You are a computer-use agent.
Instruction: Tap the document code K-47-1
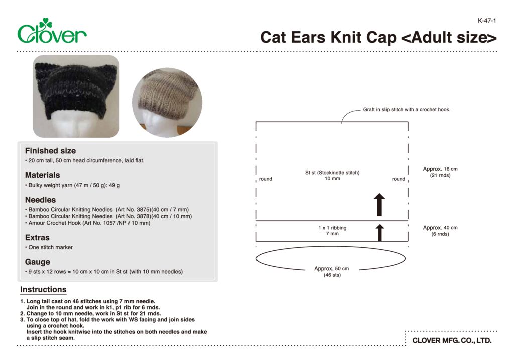coord(487,21)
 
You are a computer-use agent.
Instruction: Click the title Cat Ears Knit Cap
coord(378,38)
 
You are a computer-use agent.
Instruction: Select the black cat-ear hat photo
coord(76,96)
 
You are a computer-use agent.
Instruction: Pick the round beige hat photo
coord(167,102)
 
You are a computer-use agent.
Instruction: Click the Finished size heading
coord(50,151)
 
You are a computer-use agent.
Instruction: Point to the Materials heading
coord(42,175)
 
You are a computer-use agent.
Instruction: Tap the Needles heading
coord(40,200)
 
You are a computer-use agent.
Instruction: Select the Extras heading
coord(37,237)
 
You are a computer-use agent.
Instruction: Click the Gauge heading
coord(38,262)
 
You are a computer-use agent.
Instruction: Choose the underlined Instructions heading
coord(43,290)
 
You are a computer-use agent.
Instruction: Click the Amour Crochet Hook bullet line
coord(89,223)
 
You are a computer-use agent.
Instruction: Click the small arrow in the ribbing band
coord(380,233)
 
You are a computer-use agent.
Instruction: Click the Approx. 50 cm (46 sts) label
coord(331,272)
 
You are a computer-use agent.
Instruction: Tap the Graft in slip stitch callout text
coord(407,110)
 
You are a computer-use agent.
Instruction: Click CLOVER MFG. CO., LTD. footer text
coord(452,341)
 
